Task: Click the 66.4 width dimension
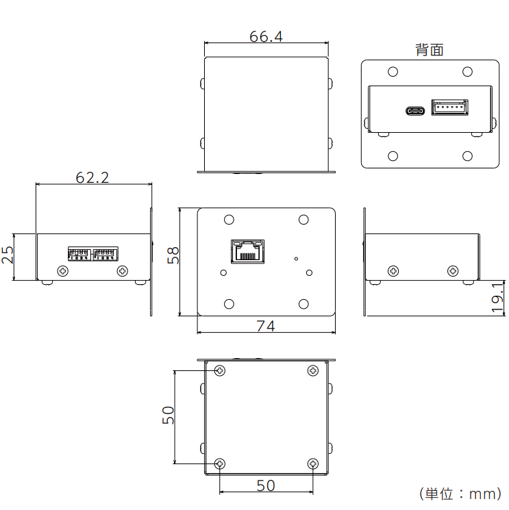pyautogui.click(x=266, y=36)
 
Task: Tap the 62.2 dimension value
pyautogui.click(x=92, y=177)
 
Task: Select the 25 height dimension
pyautogui.click(x=8, y=255)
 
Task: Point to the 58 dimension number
pyautogui.click(x=173, y=255)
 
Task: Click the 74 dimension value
pyautogui.click(x=266, y=326)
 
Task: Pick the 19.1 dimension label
pyautogui.click(x=497, y=298)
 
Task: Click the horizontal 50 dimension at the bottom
pyautogui.click(x=266, y=485)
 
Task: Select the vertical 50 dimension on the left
pyautogui.click(x=169, y=415)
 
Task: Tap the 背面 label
pyautogui.click(x=430, y=50)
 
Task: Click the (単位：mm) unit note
pyautogui.click(x=460, y=494)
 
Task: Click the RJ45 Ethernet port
pyautogui.click(x=248, y=251)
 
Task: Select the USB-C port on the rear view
pyautogui.click(x=415, y=111)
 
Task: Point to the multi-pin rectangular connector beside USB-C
pyautogui.click(x=450, y=107)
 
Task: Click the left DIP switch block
pyautogui.click(x=79, y=254)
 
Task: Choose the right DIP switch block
pyautogui.click(x=105, y=254)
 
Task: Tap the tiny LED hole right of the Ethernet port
pyautogui.click(x=296, y=259)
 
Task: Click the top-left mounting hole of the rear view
pyautogui.click(x=393, y=72)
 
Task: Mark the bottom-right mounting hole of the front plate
pyautogui.click(x=303, y=304)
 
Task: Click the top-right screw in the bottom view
pyautogui.click(x=313, y=370)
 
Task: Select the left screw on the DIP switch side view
pyautogui.click(x=63, y=271)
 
